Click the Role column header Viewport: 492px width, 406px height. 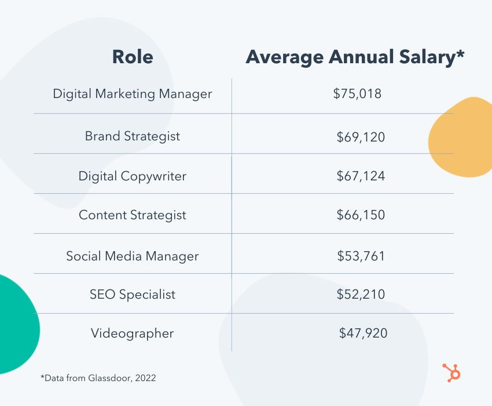133,57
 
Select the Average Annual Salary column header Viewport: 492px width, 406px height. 355,57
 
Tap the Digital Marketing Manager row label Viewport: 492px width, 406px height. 133,93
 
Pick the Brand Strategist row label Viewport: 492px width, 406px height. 133,136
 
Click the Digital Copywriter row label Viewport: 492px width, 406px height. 133,176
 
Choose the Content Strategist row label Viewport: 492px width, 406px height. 133,215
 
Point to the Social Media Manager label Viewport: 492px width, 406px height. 133,256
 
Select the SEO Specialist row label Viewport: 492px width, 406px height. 133,294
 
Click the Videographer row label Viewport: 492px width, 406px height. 133,333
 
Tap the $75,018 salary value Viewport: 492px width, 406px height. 357,93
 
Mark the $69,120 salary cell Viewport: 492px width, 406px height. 361,137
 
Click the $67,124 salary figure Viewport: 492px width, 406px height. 361,176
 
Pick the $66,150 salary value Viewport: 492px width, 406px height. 361,215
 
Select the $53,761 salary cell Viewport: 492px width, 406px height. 361,256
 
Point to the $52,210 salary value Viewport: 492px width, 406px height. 361,294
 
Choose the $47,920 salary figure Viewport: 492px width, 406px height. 363,333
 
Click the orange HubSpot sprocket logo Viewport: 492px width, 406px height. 451,372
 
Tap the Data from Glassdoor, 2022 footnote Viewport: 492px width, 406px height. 98,378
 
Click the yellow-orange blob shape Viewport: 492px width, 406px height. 462,137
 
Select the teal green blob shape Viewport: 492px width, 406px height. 16,325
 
